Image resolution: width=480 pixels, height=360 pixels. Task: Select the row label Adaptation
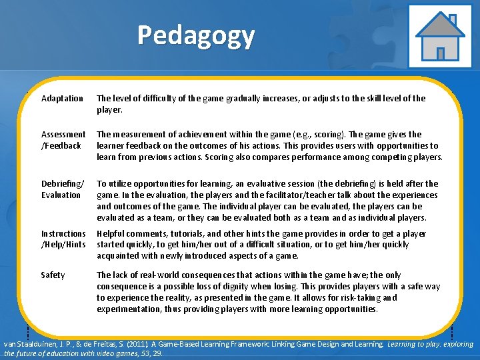click(x=62, y=99)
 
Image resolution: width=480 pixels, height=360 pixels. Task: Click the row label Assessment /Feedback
click(x=63, y=140)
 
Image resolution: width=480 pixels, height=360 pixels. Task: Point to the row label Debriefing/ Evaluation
click(x=62, y=189)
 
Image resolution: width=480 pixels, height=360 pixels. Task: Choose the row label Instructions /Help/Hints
click(x=63, y=239)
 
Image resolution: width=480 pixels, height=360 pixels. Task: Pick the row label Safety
click(x=53, y=275)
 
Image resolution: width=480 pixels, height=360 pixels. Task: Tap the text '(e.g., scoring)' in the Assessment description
click(x=311, y=135)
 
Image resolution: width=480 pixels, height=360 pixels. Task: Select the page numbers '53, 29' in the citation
click(x=141, y=353)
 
